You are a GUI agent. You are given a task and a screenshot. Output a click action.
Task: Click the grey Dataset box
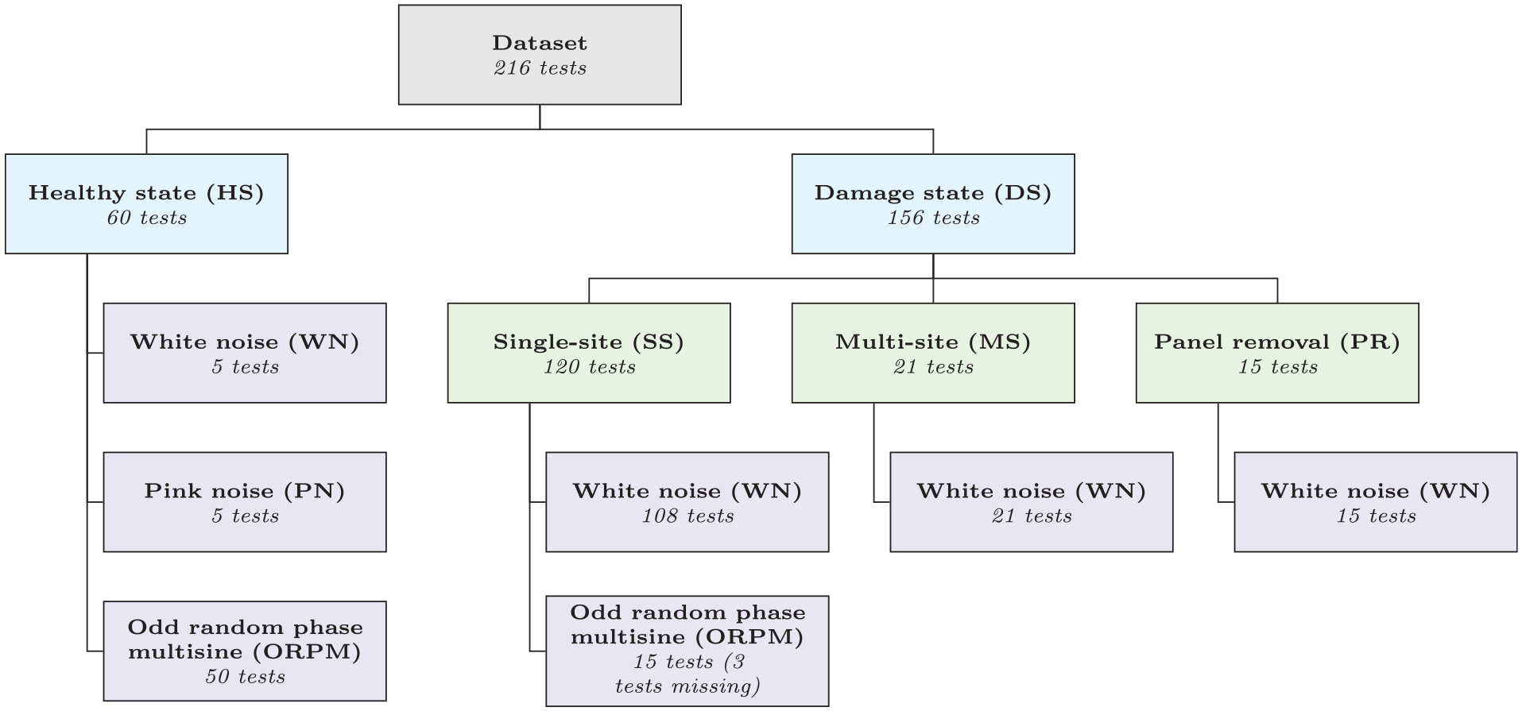click(540, 55)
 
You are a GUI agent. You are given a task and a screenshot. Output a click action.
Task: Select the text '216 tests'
click(540, 68)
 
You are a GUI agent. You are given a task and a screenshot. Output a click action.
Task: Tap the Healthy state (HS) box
click(146, 204)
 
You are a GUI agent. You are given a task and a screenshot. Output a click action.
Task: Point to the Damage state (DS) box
click(933, 204)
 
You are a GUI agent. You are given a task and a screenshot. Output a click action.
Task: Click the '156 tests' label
click(933, 218)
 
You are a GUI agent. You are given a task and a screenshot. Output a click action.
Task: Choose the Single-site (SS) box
click(589, 353)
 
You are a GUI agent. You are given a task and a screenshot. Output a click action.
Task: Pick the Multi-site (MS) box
click(933, 353)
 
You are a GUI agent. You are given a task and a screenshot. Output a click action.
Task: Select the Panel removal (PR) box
click(1277, 353)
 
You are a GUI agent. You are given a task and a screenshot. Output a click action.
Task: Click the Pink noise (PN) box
click(245, 502)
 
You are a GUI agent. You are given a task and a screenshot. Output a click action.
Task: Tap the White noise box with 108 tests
click(687, 502)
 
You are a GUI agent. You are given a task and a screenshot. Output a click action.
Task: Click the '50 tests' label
click(245, 677)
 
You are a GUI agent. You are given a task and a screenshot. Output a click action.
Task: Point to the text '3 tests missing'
click(687, 674)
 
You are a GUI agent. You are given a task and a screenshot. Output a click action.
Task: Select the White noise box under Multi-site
click(1032, 502)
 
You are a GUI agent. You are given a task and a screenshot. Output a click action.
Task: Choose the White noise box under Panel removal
click(1376, 502)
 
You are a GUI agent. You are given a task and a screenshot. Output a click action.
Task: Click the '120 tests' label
click(589, 367)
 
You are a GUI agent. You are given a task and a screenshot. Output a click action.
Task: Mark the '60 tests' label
click(146, 218)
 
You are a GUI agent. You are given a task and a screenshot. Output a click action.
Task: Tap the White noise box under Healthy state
click(245, 353)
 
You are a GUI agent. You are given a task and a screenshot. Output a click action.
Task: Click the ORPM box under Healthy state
click(245, 651)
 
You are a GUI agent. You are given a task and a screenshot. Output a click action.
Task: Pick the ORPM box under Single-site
click(687, 651)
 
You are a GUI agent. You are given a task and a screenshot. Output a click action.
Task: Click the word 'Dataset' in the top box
click(540, 43)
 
